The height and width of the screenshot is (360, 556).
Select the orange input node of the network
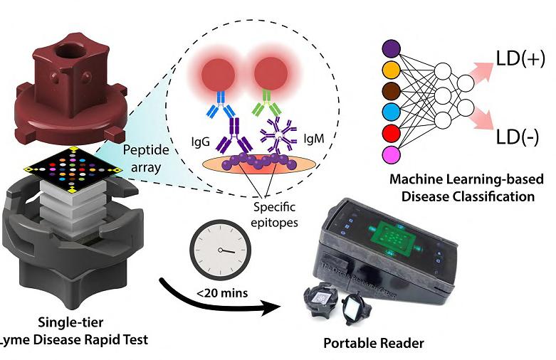point(389,70)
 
